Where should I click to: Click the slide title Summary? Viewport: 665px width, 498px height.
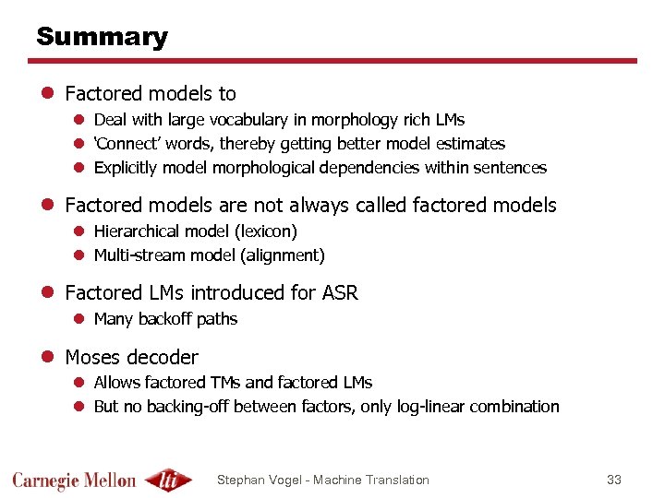coord(102,37)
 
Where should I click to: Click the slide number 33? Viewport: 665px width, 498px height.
coord(614,480)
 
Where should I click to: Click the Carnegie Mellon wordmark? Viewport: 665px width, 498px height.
coord(74,480)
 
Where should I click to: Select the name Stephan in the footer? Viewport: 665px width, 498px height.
coord(240,480)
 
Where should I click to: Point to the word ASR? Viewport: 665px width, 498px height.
coord(340,293)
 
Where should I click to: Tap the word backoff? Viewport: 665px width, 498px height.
coord(164,319)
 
